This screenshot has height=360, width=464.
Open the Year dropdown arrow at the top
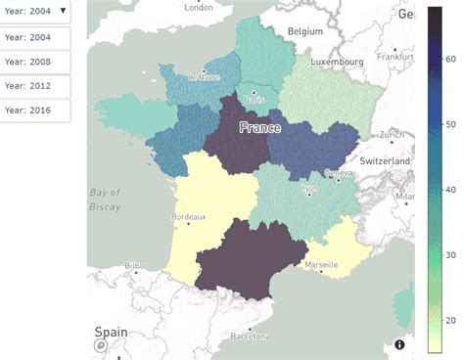(64, 12)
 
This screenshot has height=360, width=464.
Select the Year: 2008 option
(27, 63)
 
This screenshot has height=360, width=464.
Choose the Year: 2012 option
(27, 86)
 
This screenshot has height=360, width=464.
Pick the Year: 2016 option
(27, 110)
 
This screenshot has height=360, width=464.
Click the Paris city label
(255, 100)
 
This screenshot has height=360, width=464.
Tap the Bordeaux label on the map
(188, 216)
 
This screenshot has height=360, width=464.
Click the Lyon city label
(310, 188)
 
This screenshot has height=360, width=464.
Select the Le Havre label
(205, 77)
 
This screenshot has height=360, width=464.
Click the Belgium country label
(304, 31)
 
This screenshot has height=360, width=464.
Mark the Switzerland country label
(384, 159)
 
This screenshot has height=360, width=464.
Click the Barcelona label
(249, 336)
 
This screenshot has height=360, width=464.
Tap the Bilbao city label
(135, 266)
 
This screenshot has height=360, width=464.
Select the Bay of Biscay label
(105, 200)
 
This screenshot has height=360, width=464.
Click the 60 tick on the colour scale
(450, 59)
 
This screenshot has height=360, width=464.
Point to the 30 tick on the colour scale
(450, 254)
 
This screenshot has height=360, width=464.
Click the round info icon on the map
(399, 344)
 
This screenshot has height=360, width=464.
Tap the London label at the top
(199, 7)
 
